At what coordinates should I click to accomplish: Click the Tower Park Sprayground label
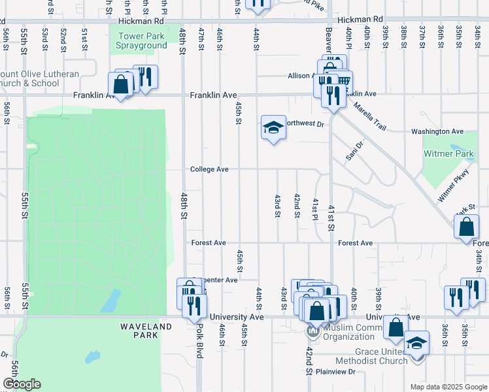[142, 41]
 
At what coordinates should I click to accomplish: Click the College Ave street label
[209, 169]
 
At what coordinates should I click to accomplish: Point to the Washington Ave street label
[437, 131]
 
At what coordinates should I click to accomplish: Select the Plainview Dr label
[335, 372]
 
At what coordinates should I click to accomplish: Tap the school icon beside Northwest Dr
[273, 127]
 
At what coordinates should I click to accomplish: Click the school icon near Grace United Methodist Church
[417, 342]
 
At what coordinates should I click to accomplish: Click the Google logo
[22, 384]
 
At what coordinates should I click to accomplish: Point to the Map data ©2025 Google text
[448, 387]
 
